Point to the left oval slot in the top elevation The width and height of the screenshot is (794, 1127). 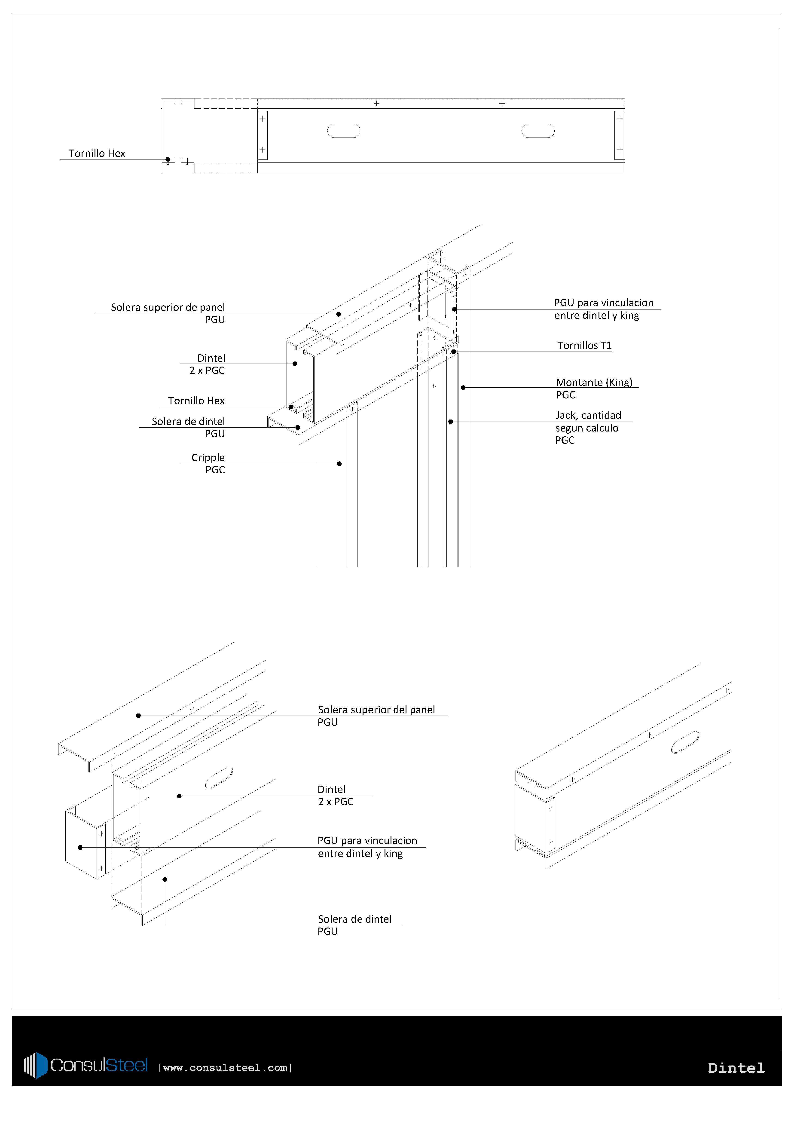pyautogui.click(x=344, y=131)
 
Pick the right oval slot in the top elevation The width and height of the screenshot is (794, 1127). pyautogui.click(x=538, y=131)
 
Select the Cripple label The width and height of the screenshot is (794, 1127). pyautogui.click(x=208, y=457)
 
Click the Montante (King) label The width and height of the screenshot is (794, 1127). pyautogui.click(x=594, y=382)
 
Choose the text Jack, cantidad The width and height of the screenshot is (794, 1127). pyautogui.click(x=588, y=415)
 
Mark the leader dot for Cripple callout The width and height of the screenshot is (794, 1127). pyautogui.click(x=339, y=463)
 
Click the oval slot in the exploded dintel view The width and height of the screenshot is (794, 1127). pyautogui.click(x=219, y=778)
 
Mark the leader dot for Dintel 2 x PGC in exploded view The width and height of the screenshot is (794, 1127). pyautogui.click(x=179, y=796)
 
